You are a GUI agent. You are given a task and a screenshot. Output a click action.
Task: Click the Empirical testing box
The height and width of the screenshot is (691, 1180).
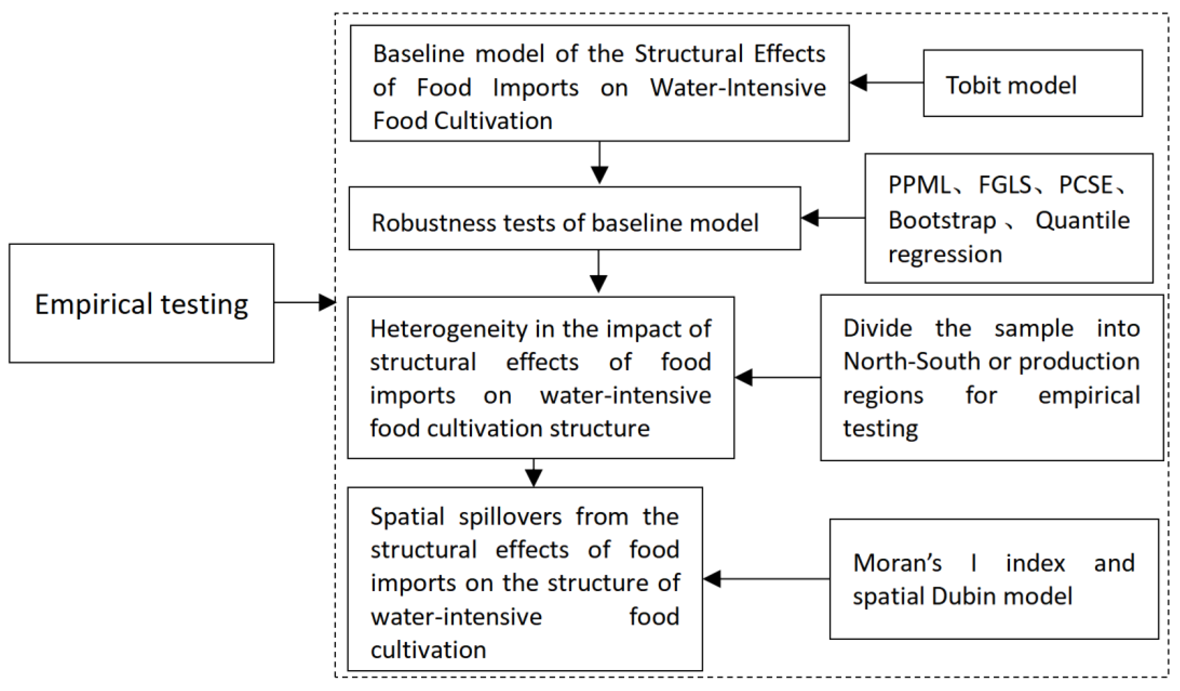coord(141,304)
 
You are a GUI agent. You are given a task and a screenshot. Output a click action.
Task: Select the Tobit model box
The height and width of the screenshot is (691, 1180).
coord(1032,84)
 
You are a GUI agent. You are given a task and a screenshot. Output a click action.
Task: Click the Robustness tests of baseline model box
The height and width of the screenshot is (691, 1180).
coord(574,218)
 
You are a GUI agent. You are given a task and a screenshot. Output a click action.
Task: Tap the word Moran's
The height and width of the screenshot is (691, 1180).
coord(897,563)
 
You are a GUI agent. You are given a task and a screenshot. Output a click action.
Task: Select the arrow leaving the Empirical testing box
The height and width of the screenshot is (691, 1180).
coord(305,302)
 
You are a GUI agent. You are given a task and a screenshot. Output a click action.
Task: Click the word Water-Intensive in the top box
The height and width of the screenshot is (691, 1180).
coord(738,88)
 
